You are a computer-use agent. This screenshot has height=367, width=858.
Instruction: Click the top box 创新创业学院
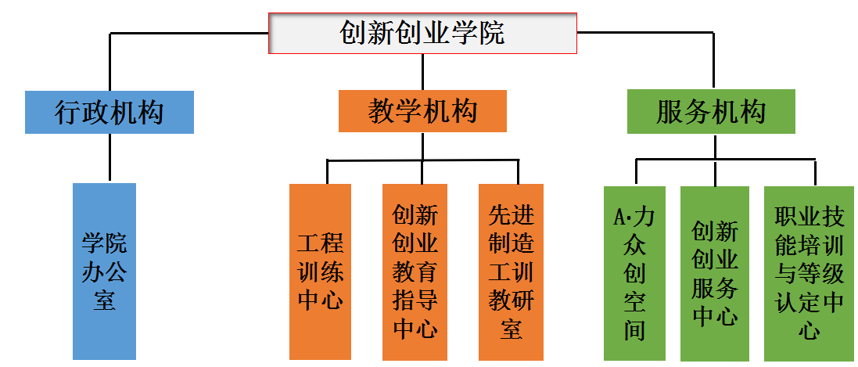click(x=422, y=33)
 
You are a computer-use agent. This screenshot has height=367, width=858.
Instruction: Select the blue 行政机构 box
click(x=109, y=112)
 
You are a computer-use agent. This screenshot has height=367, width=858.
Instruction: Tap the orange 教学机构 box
click(x=422, y=111)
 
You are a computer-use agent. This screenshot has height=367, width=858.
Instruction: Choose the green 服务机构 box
click(x=711, y=111)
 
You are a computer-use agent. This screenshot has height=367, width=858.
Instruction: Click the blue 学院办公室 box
click(x=104, y=271)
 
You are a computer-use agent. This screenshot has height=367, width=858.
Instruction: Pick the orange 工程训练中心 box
click(x=321, y=271)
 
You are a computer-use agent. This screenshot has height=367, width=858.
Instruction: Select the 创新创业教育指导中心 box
click(x=415, y=271)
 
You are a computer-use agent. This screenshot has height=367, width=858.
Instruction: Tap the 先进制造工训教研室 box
click(x=511, y=271)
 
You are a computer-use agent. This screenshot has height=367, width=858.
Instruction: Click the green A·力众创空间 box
click(x=634, y=273)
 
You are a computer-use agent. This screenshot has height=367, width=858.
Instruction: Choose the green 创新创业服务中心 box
click(x=714, y=273)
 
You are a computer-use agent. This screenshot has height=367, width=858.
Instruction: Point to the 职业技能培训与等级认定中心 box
click(x=809, y=273)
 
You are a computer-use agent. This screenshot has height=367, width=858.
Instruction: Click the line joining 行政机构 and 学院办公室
click(x=109, y=158)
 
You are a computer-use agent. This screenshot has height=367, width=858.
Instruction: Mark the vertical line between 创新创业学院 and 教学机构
click(x=422, y=71)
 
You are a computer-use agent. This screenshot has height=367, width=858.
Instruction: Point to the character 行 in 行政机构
click(x=68, y=112)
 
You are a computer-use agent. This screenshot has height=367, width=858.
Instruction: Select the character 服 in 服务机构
click(x=670, y=112)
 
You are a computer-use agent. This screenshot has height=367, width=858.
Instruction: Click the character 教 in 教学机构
click(x=382, y=111)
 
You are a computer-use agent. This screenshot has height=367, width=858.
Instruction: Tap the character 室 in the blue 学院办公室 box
click(x=104, y=300)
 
